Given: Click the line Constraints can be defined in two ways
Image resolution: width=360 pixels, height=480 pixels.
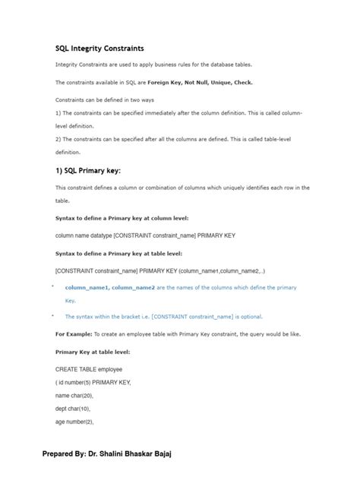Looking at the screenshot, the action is [x=104, y=99].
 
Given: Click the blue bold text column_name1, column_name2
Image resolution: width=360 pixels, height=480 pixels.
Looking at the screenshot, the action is [x=110, y=288].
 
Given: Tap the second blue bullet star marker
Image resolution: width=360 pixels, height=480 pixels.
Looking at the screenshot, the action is [x=53, y=315].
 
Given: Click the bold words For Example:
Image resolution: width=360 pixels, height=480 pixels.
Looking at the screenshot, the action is [x=74, y=334].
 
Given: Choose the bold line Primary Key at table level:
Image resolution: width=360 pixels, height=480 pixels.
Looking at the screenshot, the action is [x=93, y=352].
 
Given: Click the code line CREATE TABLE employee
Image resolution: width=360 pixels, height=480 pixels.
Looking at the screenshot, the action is [x=89, y=370].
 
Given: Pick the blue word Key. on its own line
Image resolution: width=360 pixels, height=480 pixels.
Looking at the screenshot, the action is [x=71, y=301].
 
